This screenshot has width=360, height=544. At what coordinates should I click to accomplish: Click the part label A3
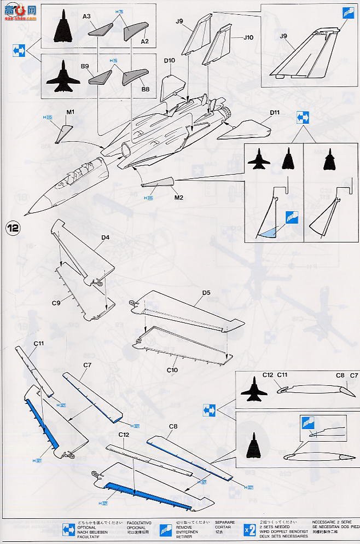(87, 17)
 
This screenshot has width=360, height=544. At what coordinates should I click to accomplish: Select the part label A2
(144, 42)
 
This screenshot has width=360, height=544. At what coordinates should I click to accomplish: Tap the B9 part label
(85, 66)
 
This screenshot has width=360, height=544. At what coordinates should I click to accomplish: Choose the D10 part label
(169, 61)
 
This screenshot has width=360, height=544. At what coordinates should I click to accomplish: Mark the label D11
(274, 113)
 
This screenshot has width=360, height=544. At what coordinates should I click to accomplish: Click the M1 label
(70, 113)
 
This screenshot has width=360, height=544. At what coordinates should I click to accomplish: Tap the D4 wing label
(105, 238)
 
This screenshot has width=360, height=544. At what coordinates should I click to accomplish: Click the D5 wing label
(206, 293)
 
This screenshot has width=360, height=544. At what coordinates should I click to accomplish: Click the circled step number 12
(12, 227)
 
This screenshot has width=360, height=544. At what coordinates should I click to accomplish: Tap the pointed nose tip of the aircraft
(25, 214)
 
